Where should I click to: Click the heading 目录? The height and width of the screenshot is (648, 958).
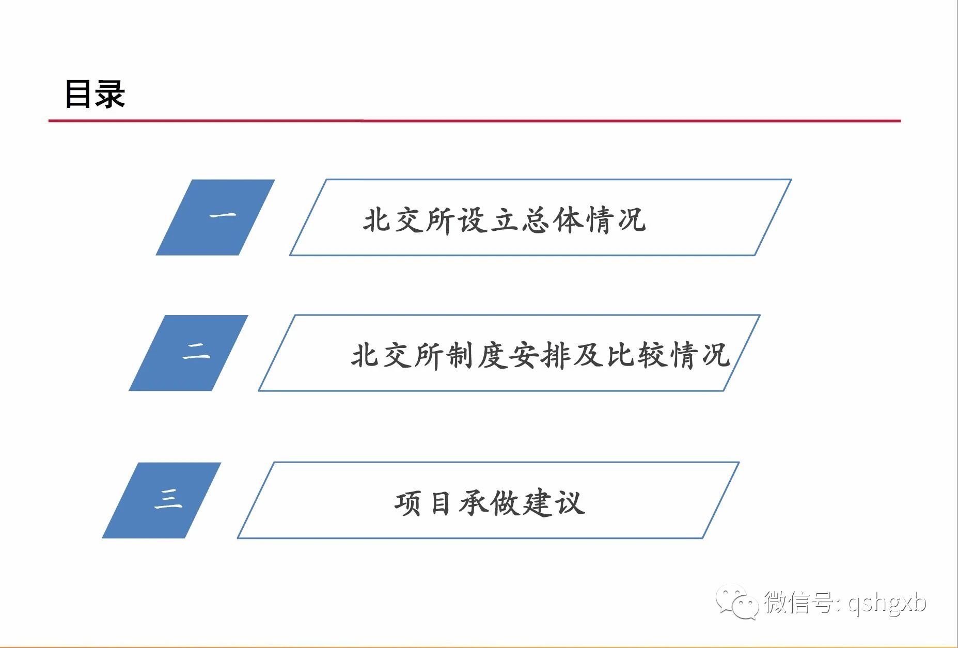pyautogui.click(x=95, y=94)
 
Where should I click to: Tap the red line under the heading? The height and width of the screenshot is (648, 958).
pyautogui.click(x=475, y=121)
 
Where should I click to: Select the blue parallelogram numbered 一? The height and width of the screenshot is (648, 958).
pyautogui.click(x=215, y=217)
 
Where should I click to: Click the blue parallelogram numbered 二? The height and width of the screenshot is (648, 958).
pyautogui.click(x=189, y=353)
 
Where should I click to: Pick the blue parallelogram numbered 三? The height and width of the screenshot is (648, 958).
pyautogui.click(x=162, y=500)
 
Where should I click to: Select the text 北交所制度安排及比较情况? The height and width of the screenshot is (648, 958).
pyautogui.click(x=540, y=355)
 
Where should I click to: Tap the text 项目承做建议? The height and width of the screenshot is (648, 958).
pyautogui.click(x=490, y=503)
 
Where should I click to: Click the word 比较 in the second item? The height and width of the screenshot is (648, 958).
pyautogui.click(x=636, y=355)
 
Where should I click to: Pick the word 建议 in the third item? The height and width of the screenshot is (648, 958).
pyautogui.click(x=554, y=503)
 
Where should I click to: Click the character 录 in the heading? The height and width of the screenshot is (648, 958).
pyautogui.click(x=111, y=94)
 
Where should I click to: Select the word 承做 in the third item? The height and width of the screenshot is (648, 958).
pyautogui.click(x=490, y=503)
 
